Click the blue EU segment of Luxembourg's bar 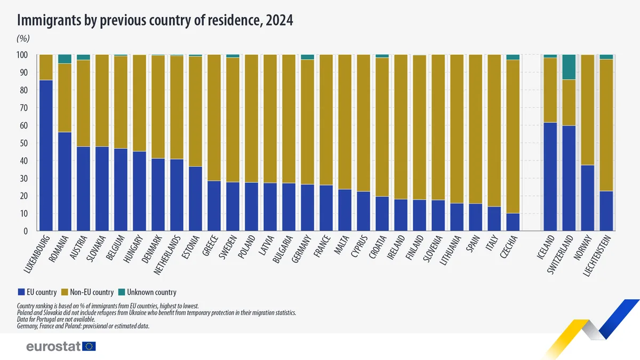coord(46,155)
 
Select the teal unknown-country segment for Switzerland coord(569,67)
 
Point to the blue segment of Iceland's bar coord(550,176)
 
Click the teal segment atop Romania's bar coord(65,59)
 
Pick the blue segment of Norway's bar coord(587,197)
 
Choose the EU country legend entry coord(21,292)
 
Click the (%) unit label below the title coord(23,38)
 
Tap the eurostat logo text coord(53,347)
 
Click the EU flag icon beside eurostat coord(89,347)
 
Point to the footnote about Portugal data coord(56,319)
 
